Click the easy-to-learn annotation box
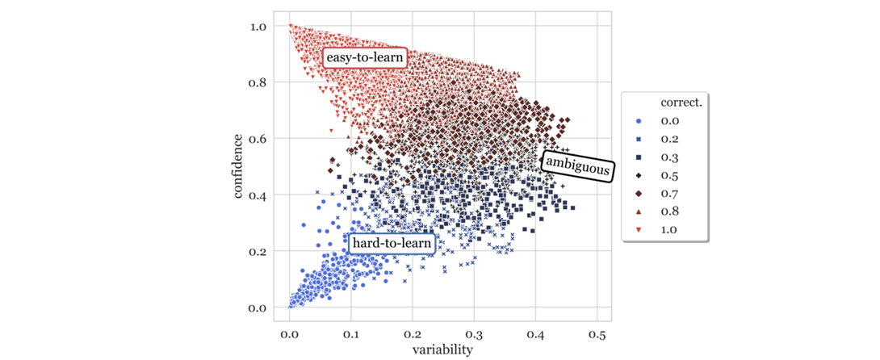tap(364, 58)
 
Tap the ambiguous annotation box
tap(577, 165)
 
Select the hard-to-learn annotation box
tap(393, 242)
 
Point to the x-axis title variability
tap(443, 350)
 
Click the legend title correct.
tap(680, 103)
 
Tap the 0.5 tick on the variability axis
tap(596, 333)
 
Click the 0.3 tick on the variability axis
tap(473, 333)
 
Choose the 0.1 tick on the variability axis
tap(350, 333)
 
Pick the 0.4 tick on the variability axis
tap(534, 333)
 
